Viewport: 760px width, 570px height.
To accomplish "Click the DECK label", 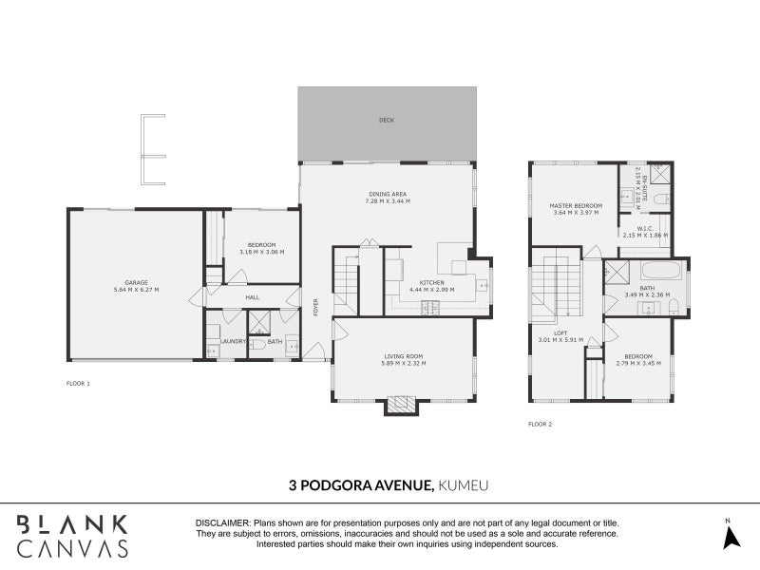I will [386, 121].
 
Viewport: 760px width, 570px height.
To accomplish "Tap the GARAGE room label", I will [136, 282].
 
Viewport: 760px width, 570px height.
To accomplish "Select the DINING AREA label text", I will [386, 194].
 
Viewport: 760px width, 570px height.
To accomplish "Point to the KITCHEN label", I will [433, 282].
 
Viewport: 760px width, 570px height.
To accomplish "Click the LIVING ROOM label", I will [403, 356].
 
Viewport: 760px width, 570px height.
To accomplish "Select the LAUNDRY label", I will [233, 342].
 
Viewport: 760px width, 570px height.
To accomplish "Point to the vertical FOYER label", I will [315, 298].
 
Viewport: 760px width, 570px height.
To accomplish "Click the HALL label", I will [252, 297].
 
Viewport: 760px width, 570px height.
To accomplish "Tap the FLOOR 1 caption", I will [78, 384].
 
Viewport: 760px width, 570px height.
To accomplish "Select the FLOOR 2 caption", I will [540, 424].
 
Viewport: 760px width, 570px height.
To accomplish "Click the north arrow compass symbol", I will [730, 537].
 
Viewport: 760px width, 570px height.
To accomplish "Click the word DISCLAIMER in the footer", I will [221, 523].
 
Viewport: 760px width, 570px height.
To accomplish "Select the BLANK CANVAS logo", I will [72, 536].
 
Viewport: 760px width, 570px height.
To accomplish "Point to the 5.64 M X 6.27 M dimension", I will [136, 289].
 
